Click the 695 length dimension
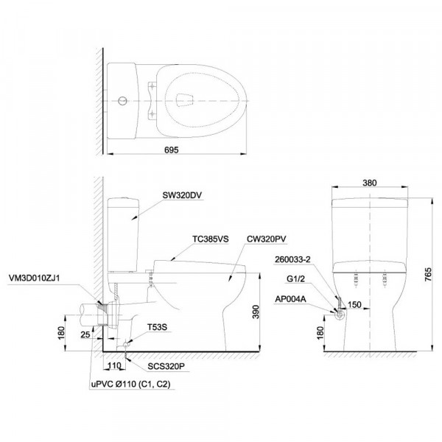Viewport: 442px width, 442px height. [x=172, y=150]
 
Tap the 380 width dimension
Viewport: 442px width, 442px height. [x=369, y=183]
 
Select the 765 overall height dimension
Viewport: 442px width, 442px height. [x=427, y=275]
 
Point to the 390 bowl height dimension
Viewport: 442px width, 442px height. [x=256, y=312]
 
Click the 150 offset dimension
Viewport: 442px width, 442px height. [x=354, y=304]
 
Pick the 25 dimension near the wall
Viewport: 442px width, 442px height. [x=85, y=334]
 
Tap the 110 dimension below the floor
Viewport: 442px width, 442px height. [x=114, y=366]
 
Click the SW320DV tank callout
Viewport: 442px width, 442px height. [x=182, y=195]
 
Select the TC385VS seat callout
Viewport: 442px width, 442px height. [x=211, y=239]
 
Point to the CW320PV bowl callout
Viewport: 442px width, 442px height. [x=267, y=239]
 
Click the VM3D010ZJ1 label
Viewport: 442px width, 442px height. [x=35, y=278]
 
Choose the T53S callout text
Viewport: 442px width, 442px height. [x=158, y=327]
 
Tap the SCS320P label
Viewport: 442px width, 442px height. [x=166, y=366]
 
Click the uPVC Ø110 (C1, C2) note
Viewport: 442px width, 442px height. [x=131, y=385]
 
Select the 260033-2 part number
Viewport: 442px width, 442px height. [x=292, y=259]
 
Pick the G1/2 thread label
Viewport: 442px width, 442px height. [x=295, y=279]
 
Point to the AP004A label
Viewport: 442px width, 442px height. [x=290, y=299]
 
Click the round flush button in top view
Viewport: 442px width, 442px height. [x=122, y=101]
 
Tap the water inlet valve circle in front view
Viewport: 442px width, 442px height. [x=339, y=315]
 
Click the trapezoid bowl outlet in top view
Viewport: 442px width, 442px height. [x=185, y=101]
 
